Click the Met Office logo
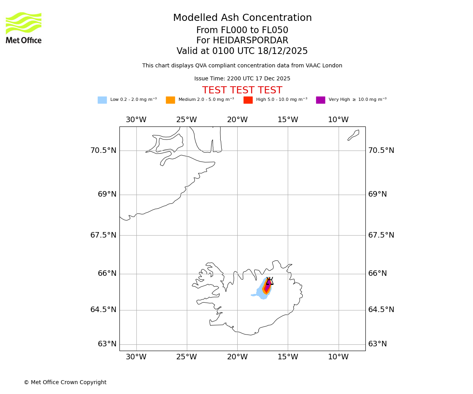(x=24, y=28)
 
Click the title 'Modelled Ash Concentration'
(x=242, y=18)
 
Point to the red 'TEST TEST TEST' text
(x=242, y=90)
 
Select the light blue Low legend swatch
(x=102, y=100)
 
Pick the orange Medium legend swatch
(x=170, y=100)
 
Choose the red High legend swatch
(x=248, y=100)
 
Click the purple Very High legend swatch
(x=320, y=100)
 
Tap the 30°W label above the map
(x=136, y=120)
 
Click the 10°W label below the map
(x=338, y=357)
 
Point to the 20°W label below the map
(x=237, y=357)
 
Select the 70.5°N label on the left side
(x=103, y=151)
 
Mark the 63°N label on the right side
(x=378, y=344)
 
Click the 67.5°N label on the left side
(x=103, y=235)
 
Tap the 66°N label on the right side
(x=378, y=273)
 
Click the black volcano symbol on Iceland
(x=270, y=281)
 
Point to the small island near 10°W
(x=353, y=135)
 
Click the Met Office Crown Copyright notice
(x=65, y=382)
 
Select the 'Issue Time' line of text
(x=242, y=79)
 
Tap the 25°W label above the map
(x=186, y=120)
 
